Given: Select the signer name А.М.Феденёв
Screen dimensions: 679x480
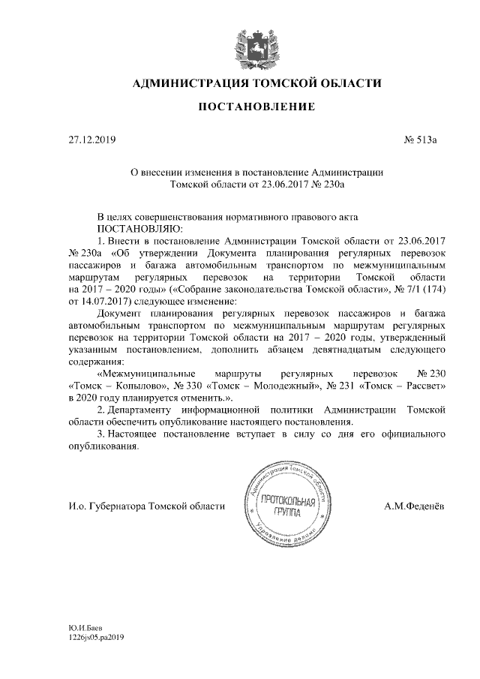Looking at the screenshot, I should tap(413, 506).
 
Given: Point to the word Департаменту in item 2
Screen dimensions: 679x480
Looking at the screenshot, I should tap(150, 410).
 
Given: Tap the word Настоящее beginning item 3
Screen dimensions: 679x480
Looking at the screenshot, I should tap(139, 435).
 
